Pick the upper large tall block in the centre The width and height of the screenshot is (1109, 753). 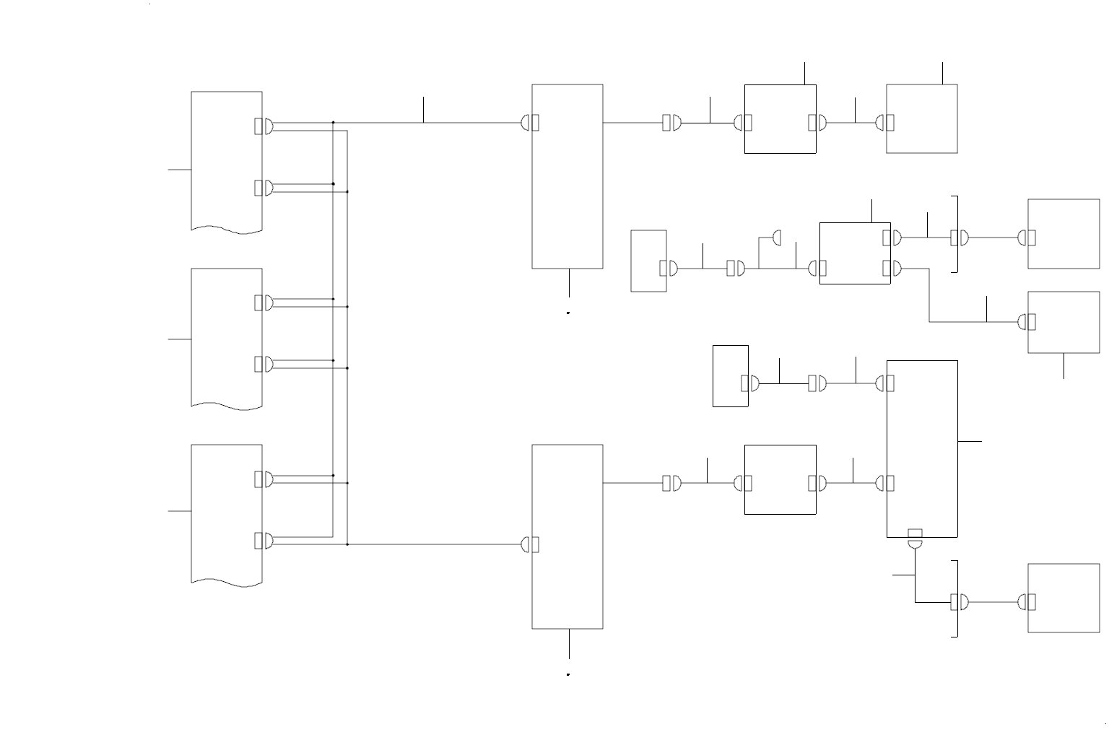[x=567, y=176]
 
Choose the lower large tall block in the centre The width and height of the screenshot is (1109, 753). [x=567, y=536]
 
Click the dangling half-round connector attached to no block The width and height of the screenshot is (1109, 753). [x=777, y=238]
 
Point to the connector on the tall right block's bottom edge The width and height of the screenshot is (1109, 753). [x=915, y=539]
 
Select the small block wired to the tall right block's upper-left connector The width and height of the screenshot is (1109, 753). [x=730, y=375]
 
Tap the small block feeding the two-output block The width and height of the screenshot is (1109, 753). [x=648, y=261]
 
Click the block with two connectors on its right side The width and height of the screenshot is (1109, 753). [x=854, y=253]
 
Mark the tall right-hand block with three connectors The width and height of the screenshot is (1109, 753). [x=922, y=448]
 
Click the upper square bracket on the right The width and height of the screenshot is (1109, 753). [x=957, y=234]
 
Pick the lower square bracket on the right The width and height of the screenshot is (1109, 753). [x=957, y=599]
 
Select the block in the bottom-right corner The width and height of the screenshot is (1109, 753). [x=1064, y=598]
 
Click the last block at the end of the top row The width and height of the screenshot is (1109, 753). [x=922, y=118]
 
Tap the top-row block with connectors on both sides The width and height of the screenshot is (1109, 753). [x=780, y=118]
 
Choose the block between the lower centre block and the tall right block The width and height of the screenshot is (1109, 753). [x=780, y=479]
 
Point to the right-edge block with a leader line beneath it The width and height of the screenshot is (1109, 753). [x=1064, y=322]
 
